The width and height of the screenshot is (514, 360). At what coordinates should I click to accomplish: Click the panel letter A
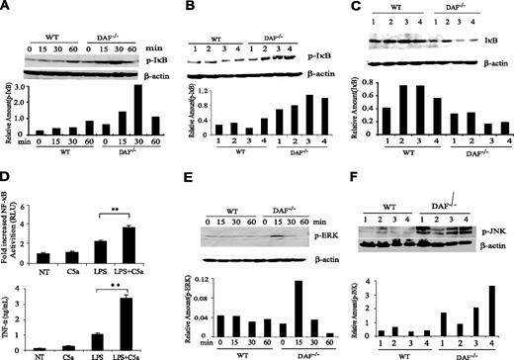coord(7,9)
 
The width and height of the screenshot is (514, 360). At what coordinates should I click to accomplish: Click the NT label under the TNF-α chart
coord(43,348)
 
